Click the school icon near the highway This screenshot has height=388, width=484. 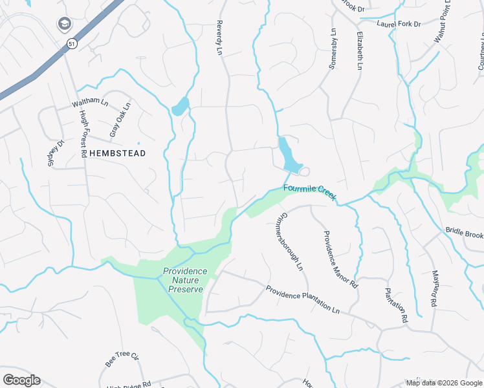64,25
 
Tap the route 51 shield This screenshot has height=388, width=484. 71,43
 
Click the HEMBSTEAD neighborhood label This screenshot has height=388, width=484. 117,153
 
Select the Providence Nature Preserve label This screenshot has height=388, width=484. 185,280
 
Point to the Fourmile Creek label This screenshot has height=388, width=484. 310,192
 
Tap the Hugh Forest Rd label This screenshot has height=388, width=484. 83,134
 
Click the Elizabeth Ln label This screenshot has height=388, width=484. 358,50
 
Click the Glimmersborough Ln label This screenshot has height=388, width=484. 289,240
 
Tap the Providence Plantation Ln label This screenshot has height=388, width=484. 302,299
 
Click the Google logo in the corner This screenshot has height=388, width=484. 21,380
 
